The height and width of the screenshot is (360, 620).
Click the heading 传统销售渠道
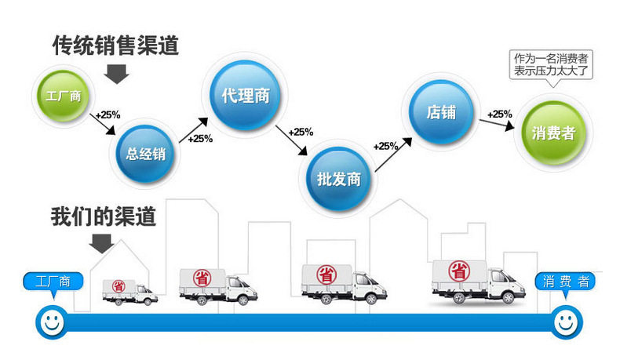click(x=115, y=45)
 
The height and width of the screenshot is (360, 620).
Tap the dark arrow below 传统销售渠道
click(x=117, y=75)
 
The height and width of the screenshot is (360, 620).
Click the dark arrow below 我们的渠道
click(x=101, y=244)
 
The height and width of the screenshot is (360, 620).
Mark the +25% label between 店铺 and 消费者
click(x=499, y=115)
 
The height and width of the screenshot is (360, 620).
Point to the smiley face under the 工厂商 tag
click(x=51, y=321)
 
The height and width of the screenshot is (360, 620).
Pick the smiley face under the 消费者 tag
click(x=565, y=321)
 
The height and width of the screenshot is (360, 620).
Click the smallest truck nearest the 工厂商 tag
click(x=129, y=291)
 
